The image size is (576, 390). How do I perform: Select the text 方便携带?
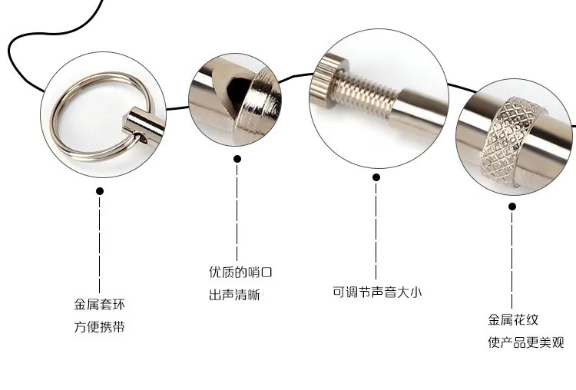(99, 327)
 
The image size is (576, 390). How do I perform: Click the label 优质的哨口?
(240, 272)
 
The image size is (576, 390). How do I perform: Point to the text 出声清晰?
(234, 295)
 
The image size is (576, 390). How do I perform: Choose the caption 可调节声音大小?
(376, 292)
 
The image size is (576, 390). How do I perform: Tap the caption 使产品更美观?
(525, 342)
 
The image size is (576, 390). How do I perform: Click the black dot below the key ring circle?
(100, 192)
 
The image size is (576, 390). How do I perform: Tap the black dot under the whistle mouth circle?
(237, 159)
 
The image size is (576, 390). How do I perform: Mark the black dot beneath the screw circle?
(376, 177)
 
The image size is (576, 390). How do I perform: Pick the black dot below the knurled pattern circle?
(514, 207)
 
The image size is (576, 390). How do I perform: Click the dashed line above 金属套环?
(100, 246)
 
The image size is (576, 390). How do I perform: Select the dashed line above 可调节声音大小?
(376, 230)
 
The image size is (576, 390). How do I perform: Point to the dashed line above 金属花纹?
(514, 261)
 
